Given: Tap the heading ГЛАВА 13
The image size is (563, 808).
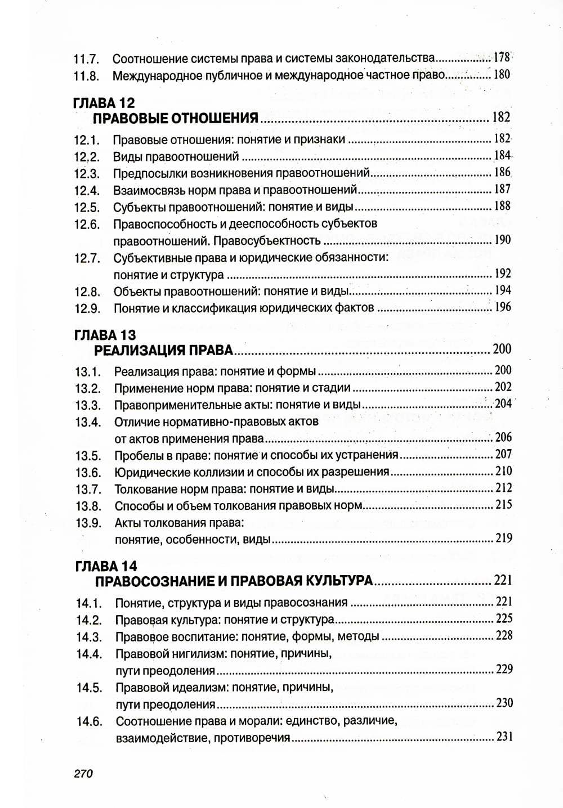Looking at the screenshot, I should pyautogui.click(x=105, y=335).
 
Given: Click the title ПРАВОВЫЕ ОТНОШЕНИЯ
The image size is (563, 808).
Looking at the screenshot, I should pyautogui.click(x=175, y=118).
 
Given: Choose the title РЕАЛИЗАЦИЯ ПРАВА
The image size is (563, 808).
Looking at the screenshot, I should pyautogui.click(x=163, y=351).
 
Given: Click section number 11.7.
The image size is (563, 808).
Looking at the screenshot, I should pyautogui.click(x=87, y=59).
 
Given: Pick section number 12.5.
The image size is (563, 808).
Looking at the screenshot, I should pyautogui.click(x=87, y=207).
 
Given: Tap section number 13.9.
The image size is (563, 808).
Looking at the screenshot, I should pyautogui.click(x=88, y=523).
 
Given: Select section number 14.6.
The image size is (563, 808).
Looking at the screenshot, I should pyautogui.click(x=89, y=721).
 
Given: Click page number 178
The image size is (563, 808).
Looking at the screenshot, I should pyautogui.click(x=501, y=57).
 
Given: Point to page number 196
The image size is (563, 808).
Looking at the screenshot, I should pyautogui.click(x=502, y=307).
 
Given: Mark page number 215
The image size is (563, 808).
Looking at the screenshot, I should pyautogui.click(x=503, y=505).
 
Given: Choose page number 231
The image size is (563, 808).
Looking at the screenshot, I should pyautogui.click(x=504, y=737).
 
